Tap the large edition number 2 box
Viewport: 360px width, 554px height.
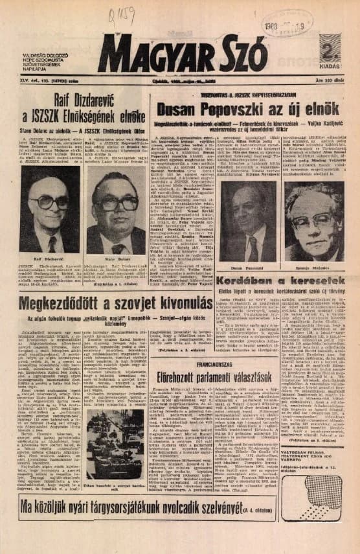330,51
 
